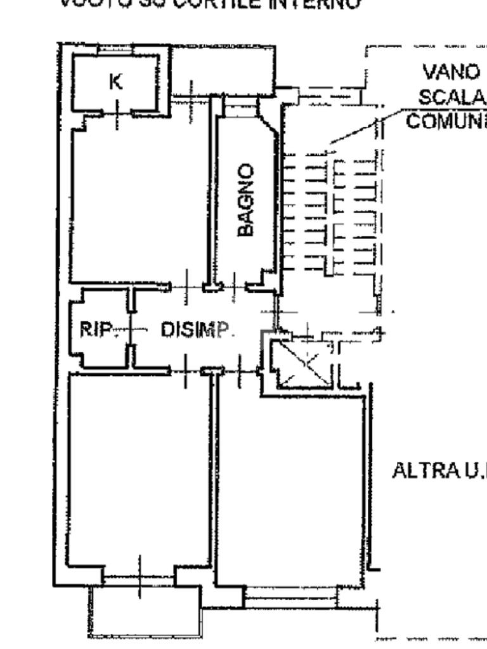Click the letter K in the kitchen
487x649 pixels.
(116, 82)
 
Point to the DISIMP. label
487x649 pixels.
(197, 330)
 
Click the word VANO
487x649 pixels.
(451, 72)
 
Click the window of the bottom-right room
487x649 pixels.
(290, 596)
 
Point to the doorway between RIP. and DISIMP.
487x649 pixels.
(131, 330)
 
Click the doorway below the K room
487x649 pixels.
(117, 114)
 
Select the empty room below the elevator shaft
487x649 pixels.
(292, 488)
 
